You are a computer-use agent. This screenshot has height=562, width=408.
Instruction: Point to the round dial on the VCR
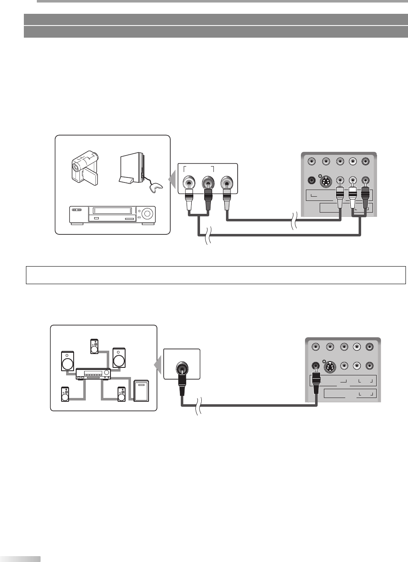(147, 213)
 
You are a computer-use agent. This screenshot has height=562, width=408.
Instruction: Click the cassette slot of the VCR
(112, 211)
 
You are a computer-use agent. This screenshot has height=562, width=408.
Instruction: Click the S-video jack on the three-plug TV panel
(326, 181)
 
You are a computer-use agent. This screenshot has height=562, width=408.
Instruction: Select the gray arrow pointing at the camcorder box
(172, 180)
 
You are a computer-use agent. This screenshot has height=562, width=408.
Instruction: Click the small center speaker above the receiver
(95, 346)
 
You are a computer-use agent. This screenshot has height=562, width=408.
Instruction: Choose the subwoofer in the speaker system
(141, 391)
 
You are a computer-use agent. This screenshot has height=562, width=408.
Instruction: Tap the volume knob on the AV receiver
(107, 372)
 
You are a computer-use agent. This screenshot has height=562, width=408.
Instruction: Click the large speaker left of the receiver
(68, 360)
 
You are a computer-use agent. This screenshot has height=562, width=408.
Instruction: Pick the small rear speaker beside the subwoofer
(122, 394)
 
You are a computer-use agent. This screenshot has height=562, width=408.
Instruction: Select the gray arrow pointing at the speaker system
(158, 367)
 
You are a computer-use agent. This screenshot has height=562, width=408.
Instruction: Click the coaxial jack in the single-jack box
(182, 369)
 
